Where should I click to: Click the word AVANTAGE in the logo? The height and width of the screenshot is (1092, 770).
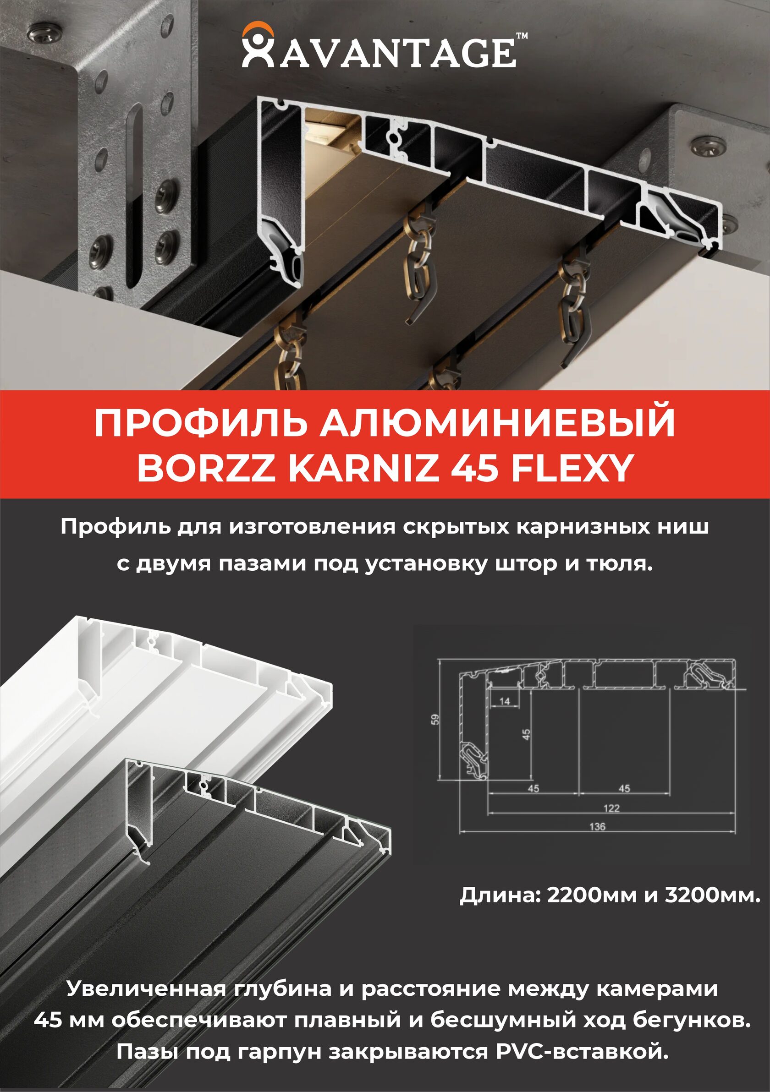pos(397,53)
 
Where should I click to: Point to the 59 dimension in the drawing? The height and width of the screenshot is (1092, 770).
pos(435,719)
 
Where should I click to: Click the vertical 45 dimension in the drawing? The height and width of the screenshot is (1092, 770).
pos(526,734)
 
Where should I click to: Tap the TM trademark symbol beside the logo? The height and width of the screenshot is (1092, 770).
pos(522,36)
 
